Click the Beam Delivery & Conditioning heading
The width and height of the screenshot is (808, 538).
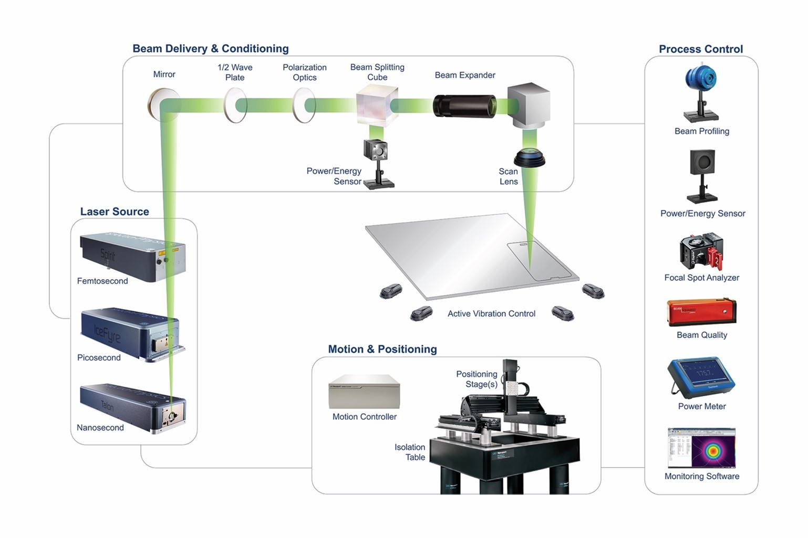(x=210, y=49)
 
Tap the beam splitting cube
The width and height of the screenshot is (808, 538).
(x=374, y=107)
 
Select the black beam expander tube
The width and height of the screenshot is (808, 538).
(x=464, y=106)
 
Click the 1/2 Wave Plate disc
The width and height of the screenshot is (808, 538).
(x=235, y=106)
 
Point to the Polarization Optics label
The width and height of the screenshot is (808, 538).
(x=305, y=72)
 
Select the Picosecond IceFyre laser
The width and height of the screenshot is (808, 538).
(x=131, y=334)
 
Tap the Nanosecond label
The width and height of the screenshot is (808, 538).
(x=100, y=428)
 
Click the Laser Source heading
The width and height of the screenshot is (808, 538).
(x=115, y=212)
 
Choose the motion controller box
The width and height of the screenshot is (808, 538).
(x=364, y=392)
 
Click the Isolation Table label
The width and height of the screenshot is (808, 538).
(x=410, y=452)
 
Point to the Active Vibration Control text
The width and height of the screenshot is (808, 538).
(x=491, y=314)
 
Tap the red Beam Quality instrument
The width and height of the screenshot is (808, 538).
(x=701, y=312)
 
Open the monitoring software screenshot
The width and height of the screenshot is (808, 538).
(x=701, y=448)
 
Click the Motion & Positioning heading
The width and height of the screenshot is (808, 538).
(x=382, y=350)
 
